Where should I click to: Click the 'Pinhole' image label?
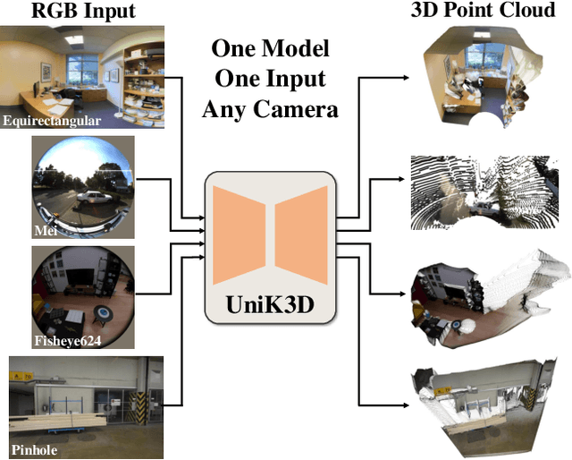point(35,450)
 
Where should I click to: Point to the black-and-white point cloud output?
point(486,192)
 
